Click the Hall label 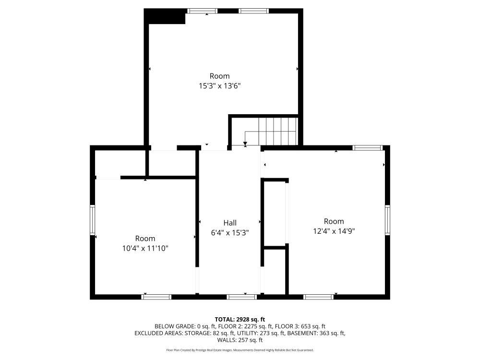click(x=230, y=223)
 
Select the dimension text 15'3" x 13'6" click(x=219, y=86)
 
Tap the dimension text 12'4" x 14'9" click(x=334, y=231)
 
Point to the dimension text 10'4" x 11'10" click(x=145, y=248)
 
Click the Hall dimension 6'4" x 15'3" click(x=230, y=233)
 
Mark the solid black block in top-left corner click(x=165, y=16)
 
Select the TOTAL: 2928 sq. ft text click(x=240, y=320)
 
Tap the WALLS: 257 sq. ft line click(x=240, y=340)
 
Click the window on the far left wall click(x=93, y=220)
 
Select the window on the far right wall click(x=387, y=220)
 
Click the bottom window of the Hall click(x=242, y=297)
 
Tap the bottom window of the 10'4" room click(x=156, y=297)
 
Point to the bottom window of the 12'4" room click(x=318, y=297)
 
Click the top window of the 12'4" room click(x=367, y=148)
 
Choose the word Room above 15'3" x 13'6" click(x=219, y=76)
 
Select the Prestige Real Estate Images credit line click(x=240, y=350)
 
